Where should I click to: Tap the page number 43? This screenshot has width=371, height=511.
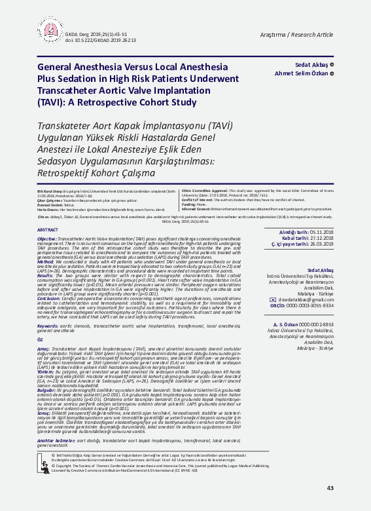click(x=330, y=487)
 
